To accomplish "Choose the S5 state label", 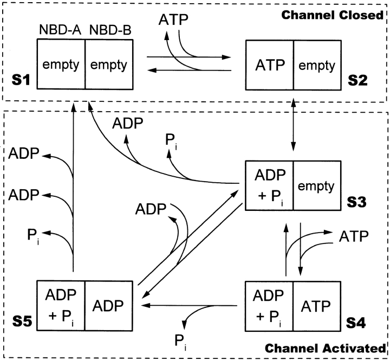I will tap(23, 327).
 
